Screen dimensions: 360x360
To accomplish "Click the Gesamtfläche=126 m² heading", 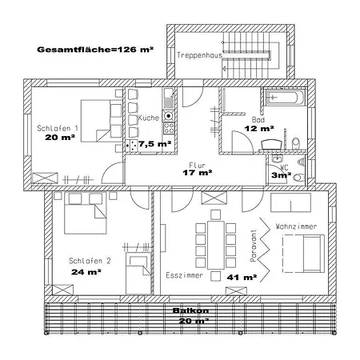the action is pyautogui.click(x=95, y=50).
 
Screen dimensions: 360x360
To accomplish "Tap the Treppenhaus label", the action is pyautogui.click(x=199, y=55).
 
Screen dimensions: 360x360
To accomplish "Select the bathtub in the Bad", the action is pyautogui.click(x=286, y=98).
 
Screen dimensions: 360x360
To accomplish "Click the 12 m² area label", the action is pyautogui.click(x=259, y=129).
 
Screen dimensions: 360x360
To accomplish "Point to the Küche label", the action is pyautogui.click(x=149, y=118).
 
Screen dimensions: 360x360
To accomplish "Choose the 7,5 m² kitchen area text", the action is pyautogui.click(x=154, y=144).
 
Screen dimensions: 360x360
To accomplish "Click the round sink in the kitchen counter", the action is pyautogui.click(x=168, y=116).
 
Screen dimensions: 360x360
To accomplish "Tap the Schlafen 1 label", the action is pyautogui.click(x=58, y=128).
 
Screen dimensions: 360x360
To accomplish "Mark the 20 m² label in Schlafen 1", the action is pyautogui.click(x=60, y=138).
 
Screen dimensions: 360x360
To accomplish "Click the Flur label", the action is pyautogui.click(x=198, y=165).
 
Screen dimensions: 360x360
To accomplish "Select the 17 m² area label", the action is pyautogui.click(x=198, y=173).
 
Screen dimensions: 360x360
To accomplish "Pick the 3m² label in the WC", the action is pyautogui.click(x=281, y=175).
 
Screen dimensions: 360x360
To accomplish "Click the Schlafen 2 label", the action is pyautogui.click(x=90, y=261).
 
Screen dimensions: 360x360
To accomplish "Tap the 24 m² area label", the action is pyautogui.click(x=86, y=272).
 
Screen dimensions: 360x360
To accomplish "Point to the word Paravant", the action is pyautogui.click(x=254, y=246).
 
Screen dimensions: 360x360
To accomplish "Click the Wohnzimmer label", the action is pyautogui.click(x=296, y=226).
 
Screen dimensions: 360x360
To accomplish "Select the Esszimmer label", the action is pyautogui.click(x=184, y=275).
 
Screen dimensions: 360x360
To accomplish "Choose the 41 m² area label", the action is pyautogui.click(x=242, y=278).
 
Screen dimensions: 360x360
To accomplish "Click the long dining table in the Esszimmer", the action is pyautogui.click(x=216, y=245).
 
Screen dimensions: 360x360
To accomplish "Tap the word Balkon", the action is pyautogui.click(x=190, y=310).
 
